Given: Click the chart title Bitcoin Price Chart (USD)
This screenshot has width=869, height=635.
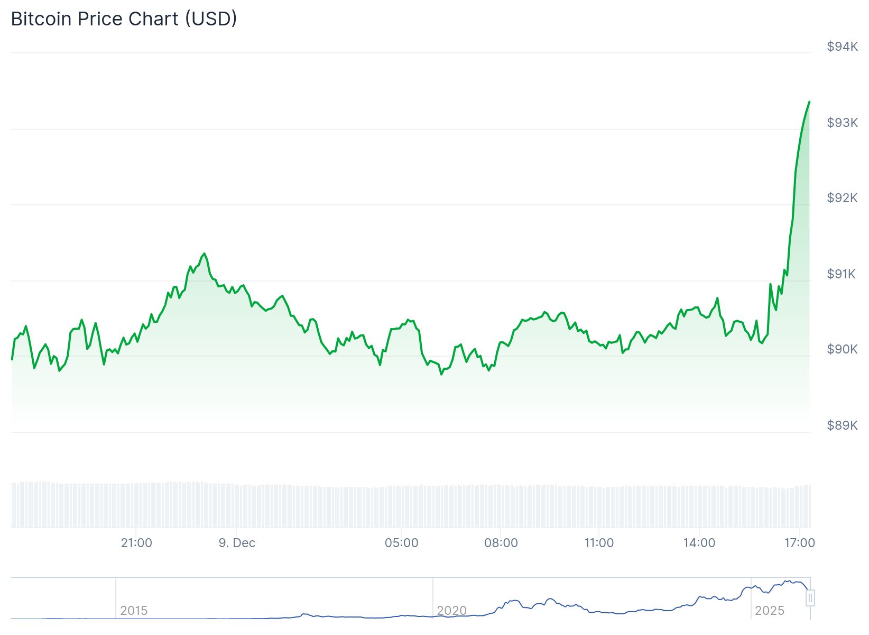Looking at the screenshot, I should pos(124,19).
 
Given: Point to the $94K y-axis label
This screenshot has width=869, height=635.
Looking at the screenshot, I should pos(842,47).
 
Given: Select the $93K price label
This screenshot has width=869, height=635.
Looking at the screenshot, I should pos(842,123).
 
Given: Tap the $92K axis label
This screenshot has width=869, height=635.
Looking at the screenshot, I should pos(842,198).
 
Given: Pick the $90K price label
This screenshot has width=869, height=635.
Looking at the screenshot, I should pos(842,349).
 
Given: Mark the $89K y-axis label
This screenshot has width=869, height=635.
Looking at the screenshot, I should pos(842,425).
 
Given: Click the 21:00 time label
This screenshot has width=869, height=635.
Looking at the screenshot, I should pos(136,543).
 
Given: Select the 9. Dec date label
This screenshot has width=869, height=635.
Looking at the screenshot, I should pos(237,543).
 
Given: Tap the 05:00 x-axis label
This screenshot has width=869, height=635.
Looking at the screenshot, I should pos(401,543).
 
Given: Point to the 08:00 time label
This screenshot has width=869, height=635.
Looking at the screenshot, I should pos(501,543).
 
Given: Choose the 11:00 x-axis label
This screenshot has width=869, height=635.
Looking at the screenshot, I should pos(599,543).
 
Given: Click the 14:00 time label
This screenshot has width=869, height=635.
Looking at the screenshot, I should pos(699,543).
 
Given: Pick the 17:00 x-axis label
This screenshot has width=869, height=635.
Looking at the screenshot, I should pos(799,543).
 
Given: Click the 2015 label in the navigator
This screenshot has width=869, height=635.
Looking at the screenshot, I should pos(134,611).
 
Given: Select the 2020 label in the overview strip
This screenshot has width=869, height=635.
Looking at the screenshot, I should pos(451,611).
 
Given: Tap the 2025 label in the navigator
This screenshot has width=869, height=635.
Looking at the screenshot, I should pos(769,611).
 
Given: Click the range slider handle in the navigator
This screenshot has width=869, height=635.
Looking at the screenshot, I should pos(810,598).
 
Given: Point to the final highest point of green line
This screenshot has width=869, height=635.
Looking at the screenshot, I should pos(809,102).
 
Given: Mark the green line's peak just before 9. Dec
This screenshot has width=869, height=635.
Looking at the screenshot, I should pos(205,253).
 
